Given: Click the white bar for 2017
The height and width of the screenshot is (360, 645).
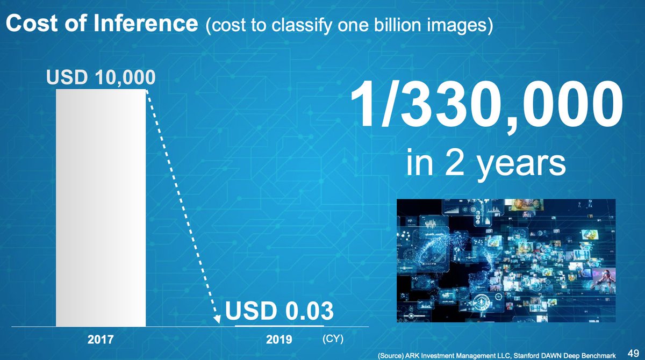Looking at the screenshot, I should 101,207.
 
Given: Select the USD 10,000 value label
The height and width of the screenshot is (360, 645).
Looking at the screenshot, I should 101,78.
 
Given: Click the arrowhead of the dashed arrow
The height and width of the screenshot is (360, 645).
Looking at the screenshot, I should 217,320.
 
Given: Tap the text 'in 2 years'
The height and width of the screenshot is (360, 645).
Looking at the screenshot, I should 486,164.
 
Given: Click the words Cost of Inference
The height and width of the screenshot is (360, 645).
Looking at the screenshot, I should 102,25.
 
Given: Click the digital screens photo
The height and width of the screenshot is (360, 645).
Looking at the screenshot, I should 506,261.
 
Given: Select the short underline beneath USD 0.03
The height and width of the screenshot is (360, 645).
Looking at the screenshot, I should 279,326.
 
